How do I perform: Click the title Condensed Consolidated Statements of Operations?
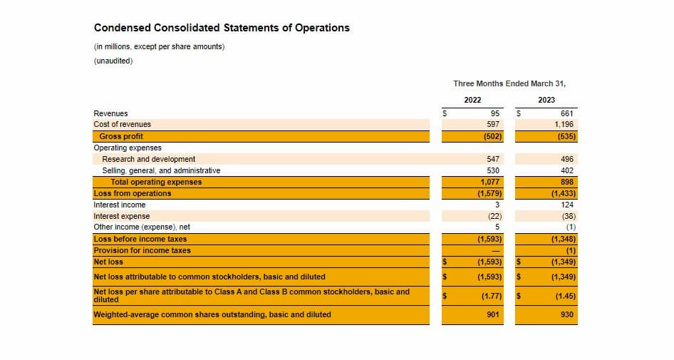point(222,28)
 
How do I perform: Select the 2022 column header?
point(472,100)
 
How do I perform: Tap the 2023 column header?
point(546,100)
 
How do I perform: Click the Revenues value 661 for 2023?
point(567,113)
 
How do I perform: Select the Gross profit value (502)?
point(492,136)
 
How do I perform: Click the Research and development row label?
point(148,159)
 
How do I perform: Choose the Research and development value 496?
point(567,159)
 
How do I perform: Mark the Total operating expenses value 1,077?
point(490,182)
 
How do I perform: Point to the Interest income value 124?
point(567,205)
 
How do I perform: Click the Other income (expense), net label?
point(142,227)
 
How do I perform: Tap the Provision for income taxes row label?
point(142,250)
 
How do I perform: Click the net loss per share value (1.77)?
point(491,295)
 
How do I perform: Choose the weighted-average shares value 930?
point(567,314)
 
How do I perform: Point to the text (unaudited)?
point(113,61)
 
